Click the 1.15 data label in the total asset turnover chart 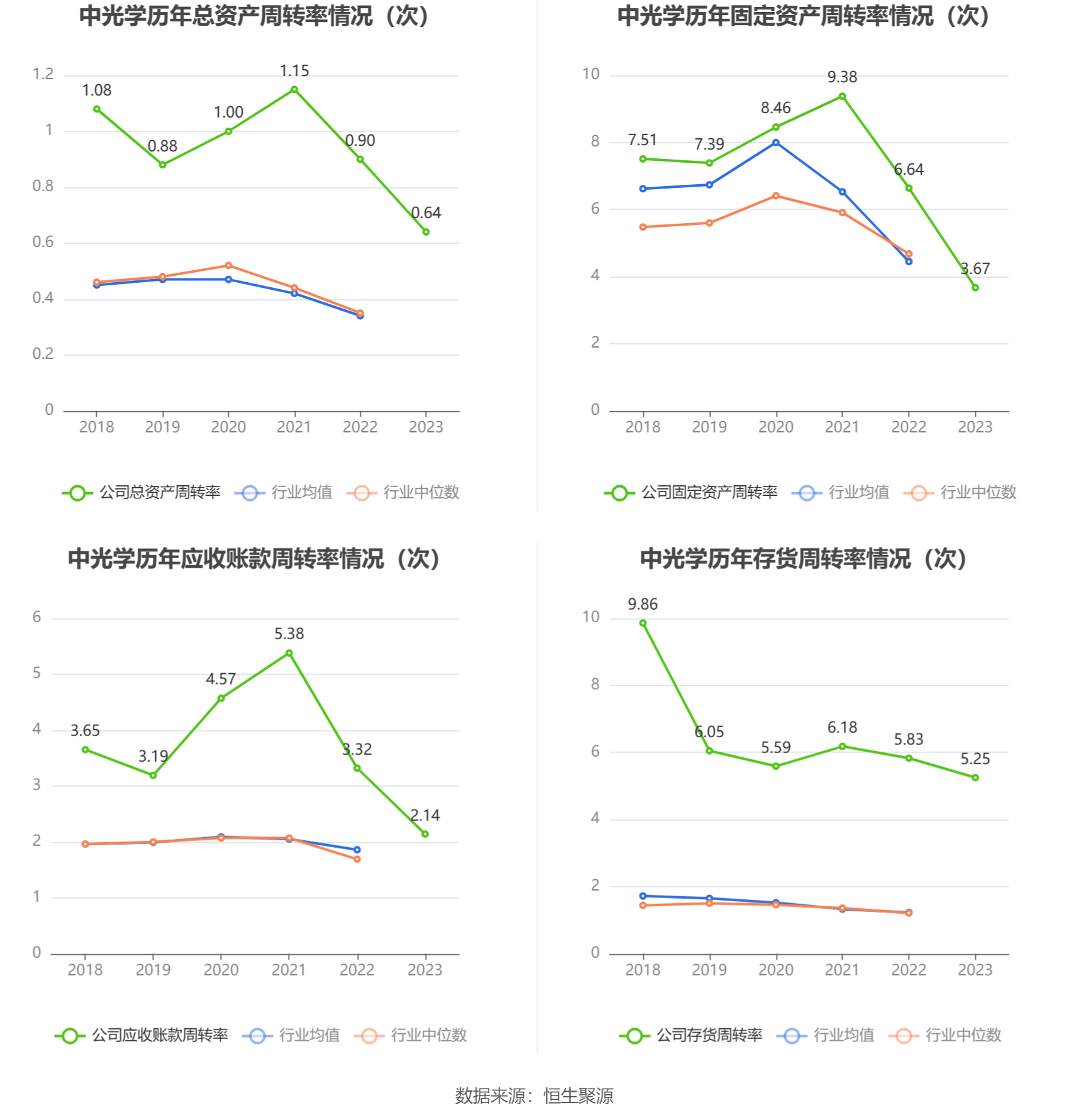click(294, 71)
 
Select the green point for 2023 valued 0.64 click(426, 232)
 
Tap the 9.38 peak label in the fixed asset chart click(842, 77)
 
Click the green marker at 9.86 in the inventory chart click(643, 623)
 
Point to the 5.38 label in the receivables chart click(289, 634)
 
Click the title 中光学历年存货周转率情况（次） click(803, 559)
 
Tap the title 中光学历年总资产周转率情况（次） click(254, 16)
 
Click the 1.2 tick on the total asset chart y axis click(43, 75)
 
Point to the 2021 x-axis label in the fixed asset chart click(842, 427)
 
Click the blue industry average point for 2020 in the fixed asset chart click(776, 143)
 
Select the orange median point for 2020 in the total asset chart click(228, 266)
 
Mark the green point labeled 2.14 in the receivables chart click(425, 834)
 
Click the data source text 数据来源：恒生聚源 click(534, 1096)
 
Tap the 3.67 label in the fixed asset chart click(975, 269)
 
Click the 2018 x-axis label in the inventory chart click(643, 970)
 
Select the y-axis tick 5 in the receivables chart click(37, 674)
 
